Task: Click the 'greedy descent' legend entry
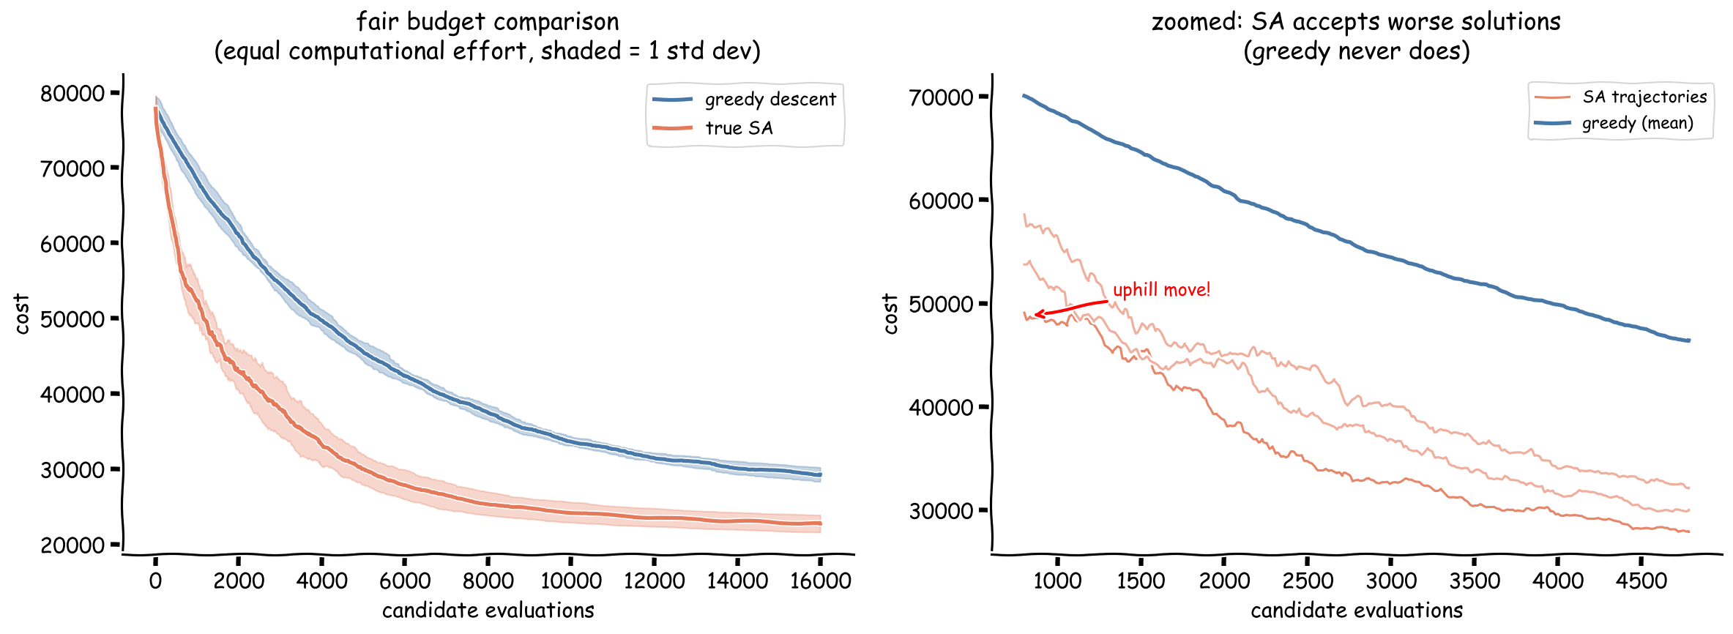(x=769, y=100)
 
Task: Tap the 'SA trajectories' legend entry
(x=1644, y=97)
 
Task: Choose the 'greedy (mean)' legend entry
(x=1637, y=123)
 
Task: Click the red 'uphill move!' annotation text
(x=1161, y=290)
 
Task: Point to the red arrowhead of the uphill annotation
(x=1037, y=315)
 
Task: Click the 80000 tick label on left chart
(x=72, y=94)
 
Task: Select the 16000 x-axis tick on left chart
(x=820, y=581)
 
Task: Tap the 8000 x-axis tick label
(x=488, y=581)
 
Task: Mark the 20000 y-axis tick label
(x=72, y=545)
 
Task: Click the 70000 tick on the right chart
(x=941, y=97)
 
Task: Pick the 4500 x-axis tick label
(x=1641, y=581)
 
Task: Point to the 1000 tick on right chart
(x=1057, y=581)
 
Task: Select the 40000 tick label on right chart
(x=941, y=408)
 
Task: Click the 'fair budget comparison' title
(x=488, y=22)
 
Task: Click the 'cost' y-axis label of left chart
(x=22, y=314)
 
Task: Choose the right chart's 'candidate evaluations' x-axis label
(x=1357, y=611)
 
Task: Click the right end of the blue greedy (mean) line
(x=1688, y=340)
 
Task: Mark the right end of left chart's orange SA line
(x=820, y=523)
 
